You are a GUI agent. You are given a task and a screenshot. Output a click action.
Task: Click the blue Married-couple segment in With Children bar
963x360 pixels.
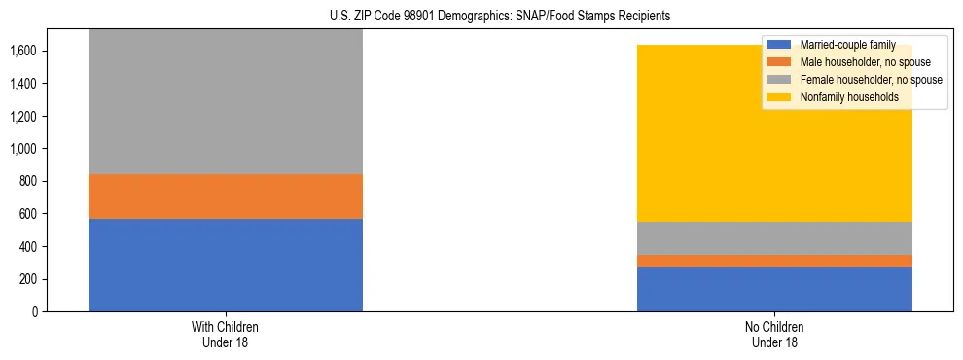225,265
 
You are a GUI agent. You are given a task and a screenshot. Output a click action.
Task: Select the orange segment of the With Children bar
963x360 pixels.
225,197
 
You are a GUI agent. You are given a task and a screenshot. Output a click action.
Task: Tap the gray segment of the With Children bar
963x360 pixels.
225,102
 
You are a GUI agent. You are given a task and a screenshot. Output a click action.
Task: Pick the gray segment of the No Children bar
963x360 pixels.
774,238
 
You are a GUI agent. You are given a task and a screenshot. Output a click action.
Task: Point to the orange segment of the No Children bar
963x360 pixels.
774,261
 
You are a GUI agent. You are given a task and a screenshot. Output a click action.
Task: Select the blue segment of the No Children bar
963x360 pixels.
774,289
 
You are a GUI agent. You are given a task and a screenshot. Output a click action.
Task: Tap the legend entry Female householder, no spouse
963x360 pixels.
868,80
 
